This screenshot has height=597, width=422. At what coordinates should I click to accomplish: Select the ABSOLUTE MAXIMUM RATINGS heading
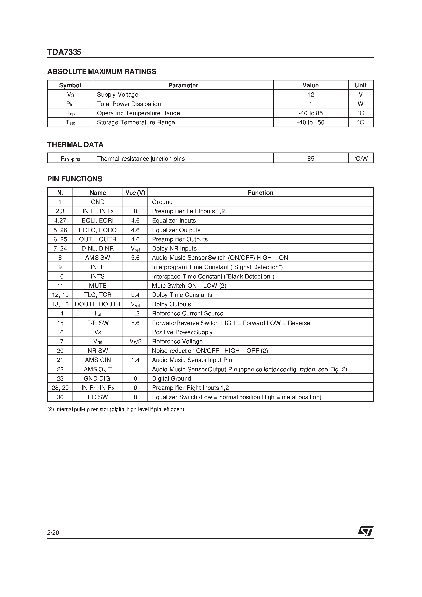[102, 71]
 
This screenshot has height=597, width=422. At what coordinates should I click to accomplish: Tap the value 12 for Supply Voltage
[311, 95]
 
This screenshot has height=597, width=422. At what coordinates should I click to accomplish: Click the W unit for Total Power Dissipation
[360, 104]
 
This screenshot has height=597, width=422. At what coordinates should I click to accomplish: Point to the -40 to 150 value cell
[310, 123]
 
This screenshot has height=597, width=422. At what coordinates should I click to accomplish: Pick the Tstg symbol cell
[70, 123]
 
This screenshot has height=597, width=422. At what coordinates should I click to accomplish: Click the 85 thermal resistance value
[311, 159]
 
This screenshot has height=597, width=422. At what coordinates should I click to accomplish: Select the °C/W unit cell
[361, 159]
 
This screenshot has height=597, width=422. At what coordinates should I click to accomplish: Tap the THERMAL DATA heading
[75, 145]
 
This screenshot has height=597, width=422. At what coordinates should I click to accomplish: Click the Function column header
[260, 193]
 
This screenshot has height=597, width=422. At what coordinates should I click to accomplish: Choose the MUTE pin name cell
[98, 285]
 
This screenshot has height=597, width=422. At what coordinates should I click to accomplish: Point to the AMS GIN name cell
[98, 360]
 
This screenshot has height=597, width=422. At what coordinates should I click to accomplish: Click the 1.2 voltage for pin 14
[135, 314]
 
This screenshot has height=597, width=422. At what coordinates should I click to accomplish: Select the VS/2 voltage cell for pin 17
[135, 341]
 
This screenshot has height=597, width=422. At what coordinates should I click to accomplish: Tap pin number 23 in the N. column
[60, 379]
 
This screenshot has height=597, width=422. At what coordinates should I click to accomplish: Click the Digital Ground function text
[171, 379]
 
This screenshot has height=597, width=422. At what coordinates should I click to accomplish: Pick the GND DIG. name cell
[98, 379]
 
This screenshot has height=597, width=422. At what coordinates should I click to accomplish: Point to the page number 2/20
[53, 533]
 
